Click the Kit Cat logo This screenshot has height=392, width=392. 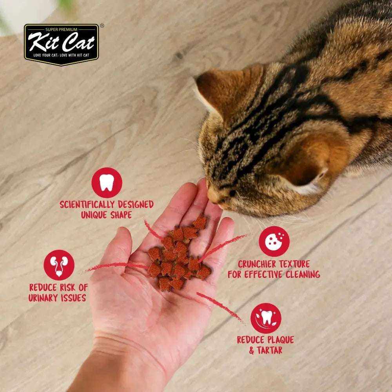(61, 44)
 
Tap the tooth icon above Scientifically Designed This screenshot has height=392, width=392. (107, 183)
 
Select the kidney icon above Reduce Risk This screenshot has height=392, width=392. (59, 265)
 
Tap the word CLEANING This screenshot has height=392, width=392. (303, 274)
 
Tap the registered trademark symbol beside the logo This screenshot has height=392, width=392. (102, 26)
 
